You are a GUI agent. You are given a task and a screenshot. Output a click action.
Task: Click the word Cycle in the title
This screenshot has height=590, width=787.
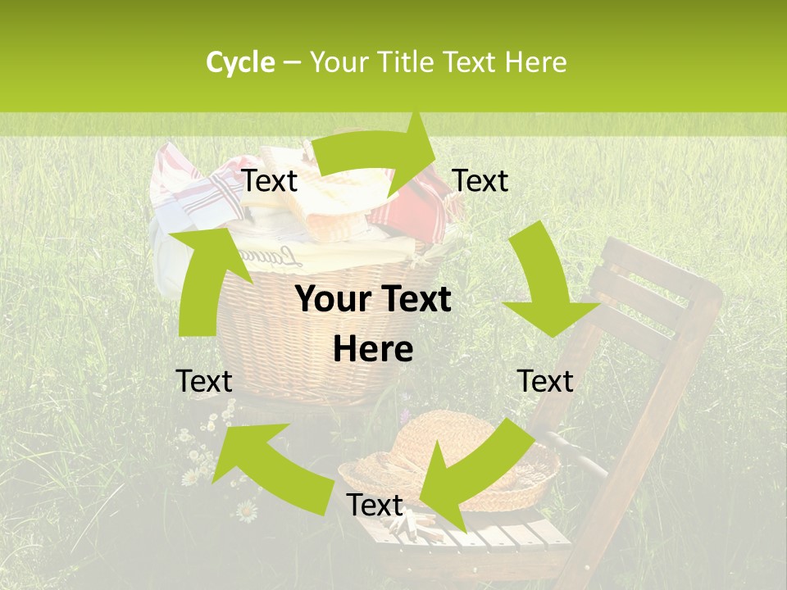[x=240, y=62]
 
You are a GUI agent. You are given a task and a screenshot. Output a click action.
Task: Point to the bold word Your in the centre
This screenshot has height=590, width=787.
[x=329, y=300]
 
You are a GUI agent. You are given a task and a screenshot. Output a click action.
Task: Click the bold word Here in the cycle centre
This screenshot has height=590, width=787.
[x=373, y=349]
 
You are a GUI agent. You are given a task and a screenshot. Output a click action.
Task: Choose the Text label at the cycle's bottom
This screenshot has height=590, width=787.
[x=374, y=506]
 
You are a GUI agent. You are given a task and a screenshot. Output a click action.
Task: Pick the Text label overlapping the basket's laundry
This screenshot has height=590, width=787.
[x=270, y=181]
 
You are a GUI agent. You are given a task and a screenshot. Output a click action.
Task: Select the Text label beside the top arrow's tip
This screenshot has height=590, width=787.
[x=480, y=181]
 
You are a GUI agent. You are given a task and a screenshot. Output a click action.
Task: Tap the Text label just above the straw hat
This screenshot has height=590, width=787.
[x=546, y=381]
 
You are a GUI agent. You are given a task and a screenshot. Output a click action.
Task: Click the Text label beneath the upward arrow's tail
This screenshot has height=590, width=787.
[x=204, y=381]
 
